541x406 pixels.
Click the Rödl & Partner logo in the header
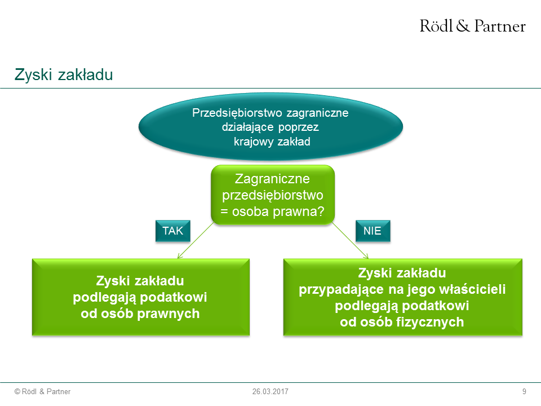tap(472, 26)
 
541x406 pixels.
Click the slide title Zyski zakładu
tap(64, 74)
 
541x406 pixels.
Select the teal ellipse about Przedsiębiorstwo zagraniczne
tap(271, 127)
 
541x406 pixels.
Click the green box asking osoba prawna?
tap(273, 195)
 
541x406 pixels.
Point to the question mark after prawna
tap(321, 211)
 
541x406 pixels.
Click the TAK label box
tap(173, 231)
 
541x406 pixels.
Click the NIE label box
tap(373, 231)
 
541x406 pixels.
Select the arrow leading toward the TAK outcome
tap(196, 240)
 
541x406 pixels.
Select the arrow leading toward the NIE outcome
tap(350, 240)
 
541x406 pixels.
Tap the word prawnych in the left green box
tap(168, 314)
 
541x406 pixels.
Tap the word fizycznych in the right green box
tap(430, 322)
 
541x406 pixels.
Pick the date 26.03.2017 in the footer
tap(270, 391)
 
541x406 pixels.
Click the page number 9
tap(524, 391)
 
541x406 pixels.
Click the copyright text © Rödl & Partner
tap(42, 391)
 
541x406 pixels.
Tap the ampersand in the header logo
tap(463, 26)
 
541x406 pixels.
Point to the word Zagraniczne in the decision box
tap(272, 179)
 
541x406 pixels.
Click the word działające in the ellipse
tap(248, 127)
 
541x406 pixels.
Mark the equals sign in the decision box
tap(224, 211)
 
